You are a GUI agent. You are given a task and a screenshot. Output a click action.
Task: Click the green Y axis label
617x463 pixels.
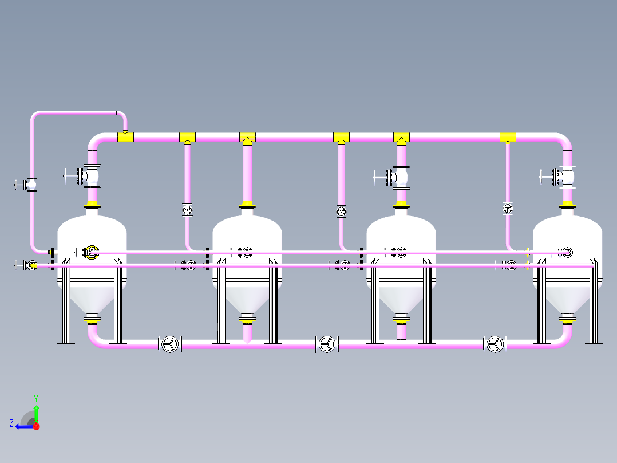[36, 398]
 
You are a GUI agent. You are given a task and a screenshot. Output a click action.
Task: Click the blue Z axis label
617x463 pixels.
[11, 423]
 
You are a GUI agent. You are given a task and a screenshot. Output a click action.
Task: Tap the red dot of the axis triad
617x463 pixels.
[36, 426]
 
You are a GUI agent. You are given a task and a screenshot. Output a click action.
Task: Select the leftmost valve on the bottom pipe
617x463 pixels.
[170, 344]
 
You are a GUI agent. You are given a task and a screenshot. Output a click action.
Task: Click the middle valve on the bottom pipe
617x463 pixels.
[327, 344]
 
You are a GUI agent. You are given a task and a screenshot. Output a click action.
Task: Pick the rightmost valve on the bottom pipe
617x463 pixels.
[495, 344]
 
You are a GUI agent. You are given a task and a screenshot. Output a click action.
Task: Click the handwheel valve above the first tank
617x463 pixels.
[82, 176]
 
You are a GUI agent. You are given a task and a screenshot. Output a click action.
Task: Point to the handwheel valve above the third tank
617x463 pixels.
[391, 178]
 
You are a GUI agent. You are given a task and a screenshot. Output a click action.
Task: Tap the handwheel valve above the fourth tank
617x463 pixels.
[557, 177]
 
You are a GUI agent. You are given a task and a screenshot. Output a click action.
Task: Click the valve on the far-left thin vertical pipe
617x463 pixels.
[26, 185]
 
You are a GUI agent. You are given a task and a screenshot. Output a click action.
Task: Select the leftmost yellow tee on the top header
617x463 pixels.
[125, 137]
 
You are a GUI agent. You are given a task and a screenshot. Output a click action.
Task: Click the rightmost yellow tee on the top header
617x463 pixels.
[508, 138]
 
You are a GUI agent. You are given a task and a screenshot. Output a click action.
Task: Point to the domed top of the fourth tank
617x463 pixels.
[567, 224]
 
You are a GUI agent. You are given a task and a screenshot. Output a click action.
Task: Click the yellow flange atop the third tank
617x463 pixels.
[401, 205]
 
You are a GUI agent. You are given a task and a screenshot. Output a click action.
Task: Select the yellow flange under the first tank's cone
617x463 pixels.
[92, 323]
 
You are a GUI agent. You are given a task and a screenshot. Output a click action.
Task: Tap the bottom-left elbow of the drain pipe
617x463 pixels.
[96, 340]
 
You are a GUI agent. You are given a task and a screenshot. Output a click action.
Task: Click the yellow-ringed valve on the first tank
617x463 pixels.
[92, 252]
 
